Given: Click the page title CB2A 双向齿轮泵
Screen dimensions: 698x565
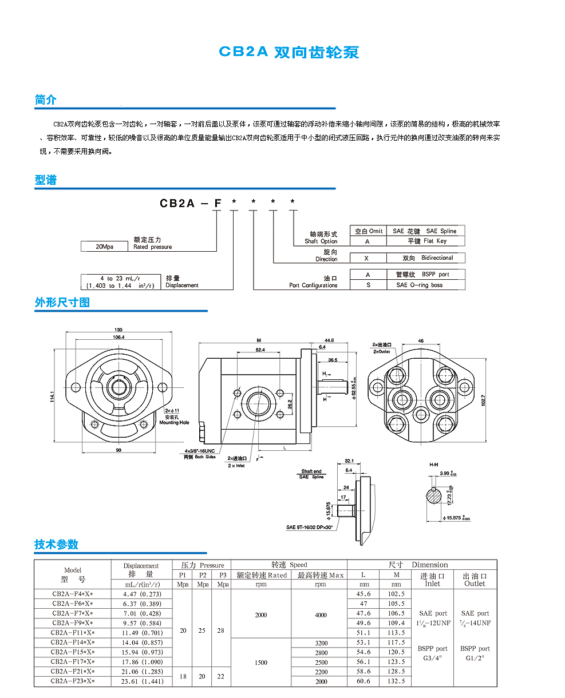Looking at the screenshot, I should point(289,52).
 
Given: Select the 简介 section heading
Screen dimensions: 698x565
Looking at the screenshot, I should point(46,100).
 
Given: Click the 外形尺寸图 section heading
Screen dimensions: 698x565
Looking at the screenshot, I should point(62,302).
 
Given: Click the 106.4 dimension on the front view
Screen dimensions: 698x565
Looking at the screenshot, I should point(119,338).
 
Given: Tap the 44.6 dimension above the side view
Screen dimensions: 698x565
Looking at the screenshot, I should point(328,340).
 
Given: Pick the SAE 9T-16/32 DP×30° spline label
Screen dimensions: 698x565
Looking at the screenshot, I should point(310,527).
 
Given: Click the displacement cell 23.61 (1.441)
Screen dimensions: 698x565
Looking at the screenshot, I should point(143,681).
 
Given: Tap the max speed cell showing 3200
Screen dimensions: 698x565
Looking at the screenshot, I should point(321,643).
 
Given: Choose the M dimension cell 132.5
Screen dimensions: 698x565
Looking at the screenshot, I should point(396,681).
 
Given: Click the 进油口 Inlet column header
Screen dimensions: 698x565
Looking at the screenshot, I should point(432,580).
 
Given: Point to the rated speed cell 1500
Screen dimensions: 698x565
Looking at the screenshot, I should point(260,662).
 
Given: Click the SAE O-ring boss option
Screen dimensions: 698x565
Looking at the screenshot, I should point(419,285).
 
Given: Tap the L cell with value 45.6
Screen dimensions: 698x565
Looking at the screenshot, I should point(364,594).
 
